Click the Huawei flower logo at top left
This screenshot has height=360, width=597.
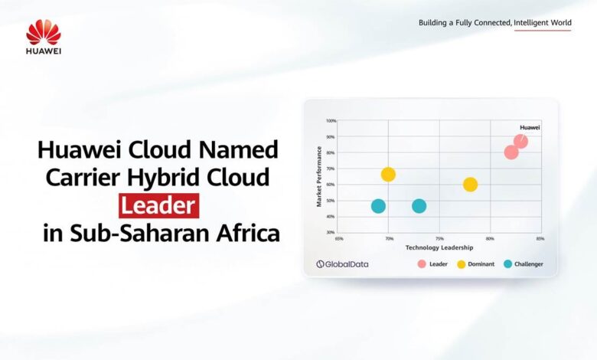click(44, 32)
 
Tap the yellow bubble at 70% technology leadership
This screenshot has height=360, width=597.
click(388, 175)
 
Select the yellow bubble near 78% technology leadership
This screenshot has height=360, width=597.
click(470, 185)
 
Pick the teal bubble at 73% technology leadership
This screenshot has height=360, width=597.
click(419, 206)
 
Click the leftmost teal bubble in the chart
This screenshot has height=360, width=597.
click(378, 206)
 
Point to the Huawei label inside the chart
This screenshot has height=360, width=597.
click(530, 127)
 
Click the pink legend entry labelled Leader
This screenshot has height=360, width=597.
click(433, 264)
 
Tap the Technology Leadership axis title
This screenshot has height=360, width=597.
click(439, 247)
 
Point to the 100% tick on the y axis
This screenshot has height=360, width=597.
click(331, 121)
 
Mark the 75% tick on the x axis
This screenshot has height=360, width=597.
click(439, 238)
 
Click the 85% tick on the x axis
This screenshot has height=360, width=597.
click(540, 238)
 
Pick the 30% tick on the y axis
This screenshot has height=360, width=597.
click(331, 232)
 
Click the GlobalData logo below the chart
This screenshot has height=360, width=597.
click(343, 264)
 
